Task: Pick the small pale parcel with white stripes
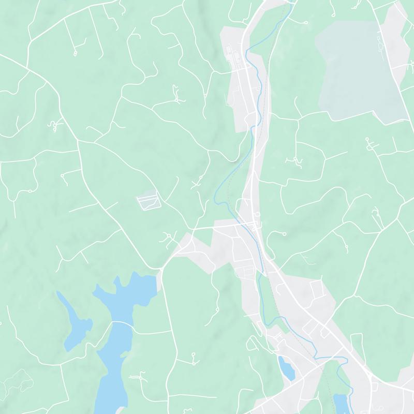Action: click(148, 201)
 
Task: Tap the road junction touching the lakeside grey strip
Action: click(161, 269)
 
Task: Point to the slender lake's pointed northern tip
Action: click(58, 293)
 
